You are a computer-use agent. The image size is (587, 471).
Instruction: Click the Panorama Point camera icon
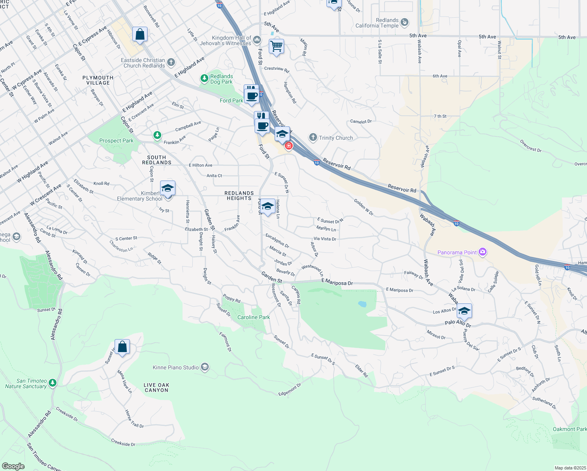pyautogui.click(x=483, y=252)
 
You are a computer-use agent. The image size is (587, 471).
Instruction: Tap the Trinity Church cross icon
pyautogui.click(x=313, y=137)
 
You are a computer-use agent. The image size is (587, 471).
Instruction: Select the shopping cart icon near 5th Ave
pyautogui.click(x=276, y=46)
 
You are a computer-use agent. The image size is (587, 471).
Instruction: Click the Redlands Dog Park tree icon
pyautogui.click(x=204, y=78)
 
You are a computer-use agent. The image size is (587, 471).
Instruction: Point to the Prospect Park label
pyautogui.click(x=116, y=141)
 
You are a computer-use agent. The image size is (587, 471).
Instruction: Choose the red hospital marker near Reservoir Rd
pyautogui.click(x=289, y=146)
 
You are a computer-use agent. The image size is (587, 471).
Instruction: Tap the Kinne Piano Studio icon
pyautogui.click(x=204, y=367)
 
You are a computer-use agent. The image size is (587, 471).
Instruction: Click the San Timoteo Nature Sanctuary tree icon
pyautogui.click(x=53, y=383)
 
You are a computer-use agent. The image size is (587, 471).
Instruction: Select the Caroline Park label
pyautogui.click(x=253, y=317)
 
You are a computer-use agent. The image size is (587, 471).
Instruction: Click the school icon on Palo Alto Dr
pyautogui.click(x=464, y=311)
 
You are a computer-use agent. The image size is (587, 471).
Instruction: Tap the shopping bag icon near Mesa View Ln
pyautogui.click(x=122, y=347)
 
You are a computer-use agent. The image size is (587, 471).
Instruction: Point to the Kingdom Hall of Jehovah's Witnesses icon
pyautogui.click(x=257, y=39)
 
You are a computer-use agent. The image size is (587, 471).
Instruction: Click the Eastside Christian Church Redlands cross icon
pyautogui.click(x=171, y=62)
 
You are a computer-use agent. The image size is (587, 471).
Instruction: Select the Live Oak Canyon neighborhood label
pyautogui.click(x=156, y=387)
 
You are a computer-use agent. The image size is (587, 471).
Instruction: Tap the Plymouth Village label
pyautogui.click(x=98, y=80)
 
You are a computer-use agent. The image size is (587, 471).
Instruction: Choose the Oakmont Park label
pyautogui.click(x=569, y=429)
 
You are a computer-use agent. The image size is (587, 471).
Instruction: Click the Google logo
pyautogui.click(x=13, y=466)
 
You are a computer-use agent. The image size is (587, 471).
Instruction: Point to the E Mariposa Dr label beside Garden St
pyautogui.click(x=337, y=282)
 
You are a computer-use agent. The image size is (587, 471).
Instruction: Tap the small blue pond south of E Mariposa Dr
pyautogui.click(x=362, y=304)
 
